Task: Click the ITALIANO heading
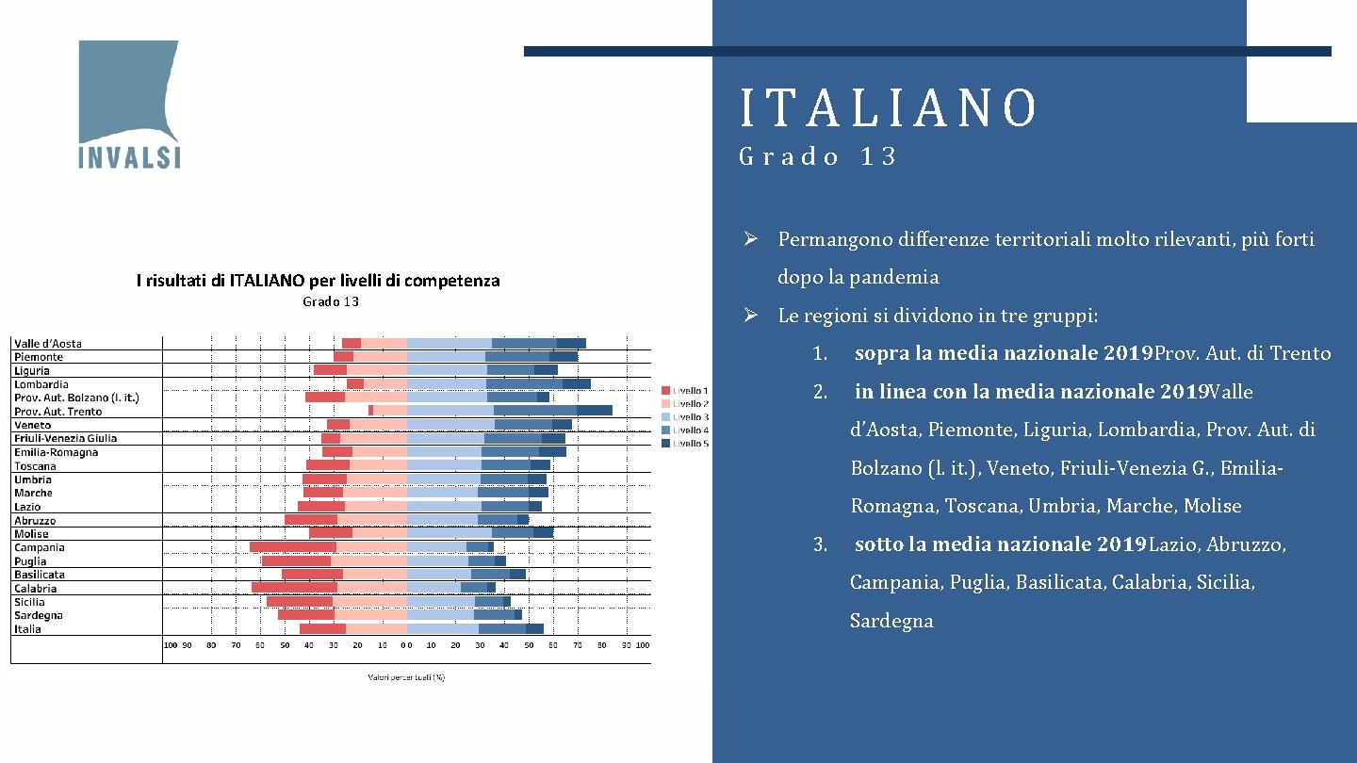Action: tap(889, 107)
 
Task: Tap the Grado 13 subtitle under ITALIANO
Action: tap(818, 156)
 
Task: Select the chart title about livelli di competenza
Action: tap(318, 280)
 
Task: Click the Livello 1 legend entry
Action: tap(685, 390)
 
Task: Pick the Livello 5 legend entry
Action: tap(685, 443)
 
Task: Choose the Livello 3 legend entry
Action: tap(685, 416)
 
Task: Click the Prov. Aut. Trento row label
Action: tap(57, 411)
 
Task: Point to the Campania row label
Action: tap(40, 547)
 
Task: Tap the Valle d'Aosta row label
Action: tap(47, 343)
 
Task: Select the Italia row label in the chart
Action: tap(27, 628)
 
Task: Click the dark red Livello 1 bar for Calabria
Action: tap(294, 588)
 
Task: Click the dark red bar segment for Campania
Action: tap(292, 547)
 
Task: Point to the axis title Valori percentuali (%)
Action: tap(405, 676)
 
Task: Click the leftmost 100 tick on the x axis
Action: tap(171, 645)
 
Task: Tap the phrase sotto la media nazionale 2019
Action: tap(1001, 544)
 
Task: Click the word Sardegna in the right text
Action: tap(891, 621)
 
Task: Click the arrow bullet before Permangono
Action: tap(750, 239)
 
